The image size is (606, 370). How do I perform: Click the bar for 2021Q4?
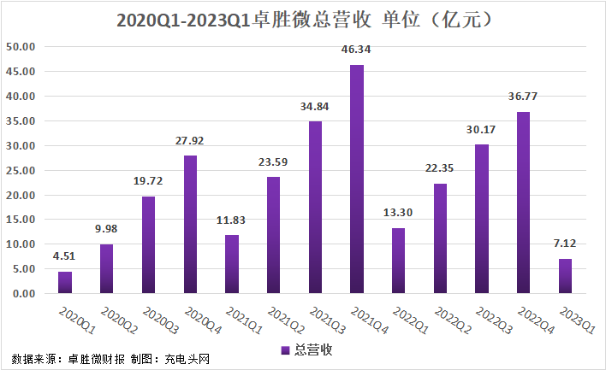357,179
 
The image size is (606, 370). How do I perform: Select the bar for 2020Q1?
65,283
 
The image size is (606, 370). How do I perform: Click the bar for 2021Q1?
232,264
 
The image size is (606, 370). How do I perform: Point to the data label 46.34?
357,50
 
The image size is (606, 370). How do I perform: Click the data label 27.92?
190,140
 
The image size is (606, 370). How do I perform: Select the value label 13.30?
398,213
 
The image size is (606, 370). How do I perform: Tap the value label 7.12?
565,244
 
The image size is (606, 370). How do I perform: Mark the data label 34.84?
315,106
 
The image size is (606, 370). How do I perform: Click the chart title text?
303,19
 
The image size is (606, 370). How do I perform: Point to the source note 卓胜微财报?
95,358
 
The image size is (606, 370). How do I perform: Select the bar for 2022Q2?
440,238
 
